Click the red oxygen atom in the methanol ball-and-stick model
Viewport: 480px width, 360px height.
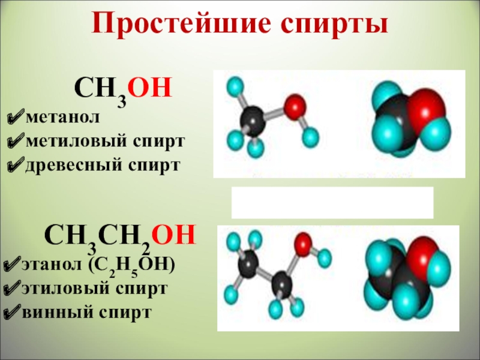(293, 109)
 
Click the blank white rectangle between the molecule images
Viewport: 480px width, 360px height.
(332, 202)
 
